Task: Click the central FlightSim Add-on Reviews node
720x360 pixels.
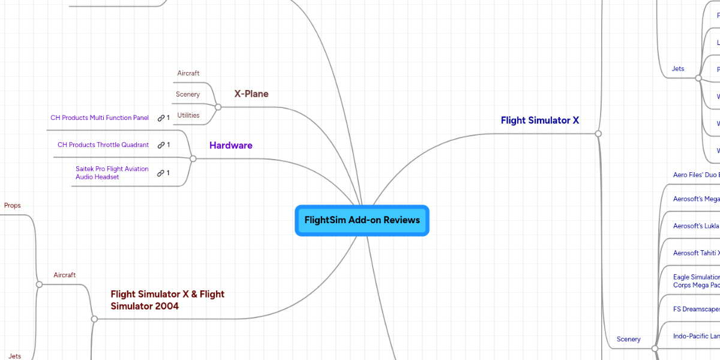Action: (362, 220)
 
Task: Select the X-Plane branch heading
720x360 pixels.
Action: (251, 94)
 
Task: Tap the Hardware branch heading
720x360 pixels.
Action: (230, 145)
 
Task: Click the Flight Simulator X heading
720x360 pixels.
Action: (539, 120)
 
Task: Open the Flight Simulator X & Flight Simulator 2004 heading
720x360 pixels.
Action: (167, 300)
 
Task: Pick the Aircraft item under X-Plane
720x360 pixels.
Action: (188, 73)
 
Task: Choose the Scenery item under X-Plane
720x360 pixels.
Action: (188, 94)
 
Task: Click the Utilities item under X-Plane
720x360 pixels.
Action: (188, 115)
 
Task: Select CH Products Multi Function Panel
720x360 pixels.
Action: (99, 118)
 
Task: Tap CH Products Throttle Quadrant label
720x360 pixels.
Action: (103, 145)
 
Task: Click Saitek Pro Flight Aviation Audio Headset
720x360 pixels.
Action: (112, 173)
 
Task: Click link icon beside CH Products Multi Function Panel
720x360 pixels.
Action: (161, 118)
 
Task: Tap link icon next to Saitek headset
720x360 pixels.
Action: (161, 173)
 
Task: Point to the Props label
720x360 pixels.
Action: (12, 205)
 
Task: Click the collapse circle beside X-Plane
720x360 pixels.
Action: (218, 107)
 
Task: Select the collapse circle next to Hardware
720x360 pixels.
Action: (193, 158)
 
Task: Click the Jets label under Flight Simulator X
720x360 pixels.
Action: (677, 69)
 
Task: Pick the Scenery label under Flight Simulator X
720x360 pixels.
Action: (628, 339)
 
